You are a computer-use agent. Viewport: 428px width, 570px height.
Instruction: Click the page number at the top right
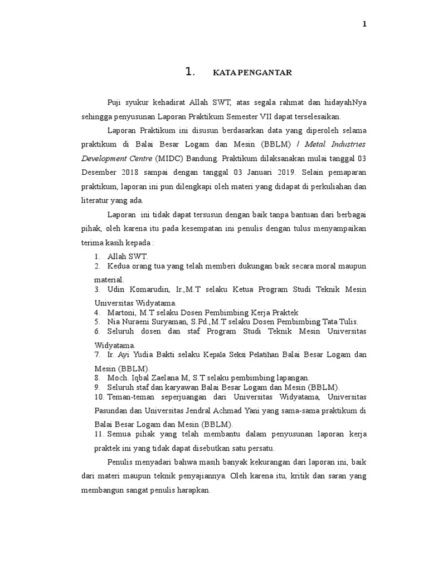(x=364, y=24)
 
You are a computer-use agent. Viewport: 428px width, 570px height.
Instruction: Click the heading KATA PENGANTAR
(x=252, y=72)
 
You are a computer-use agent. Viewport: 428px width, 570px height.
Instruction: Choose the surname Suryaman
(x=172, y=322)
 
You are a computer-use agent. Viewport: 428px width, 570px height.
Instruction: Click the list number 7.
(x=96, y=354)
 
